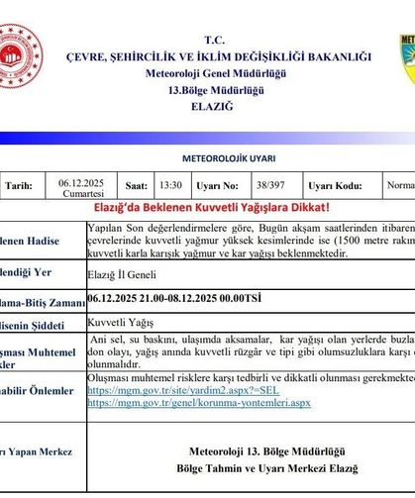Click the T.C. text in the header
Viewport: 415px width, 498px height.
tap(215, 40)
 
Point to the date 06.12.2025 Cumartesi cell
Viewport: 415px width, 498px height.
tap(81, 188)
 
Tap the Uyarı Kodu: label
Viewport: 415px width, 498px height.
tap(335, 184)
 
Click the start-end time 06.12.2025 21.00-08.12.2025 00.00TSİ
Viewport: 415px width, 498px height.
tap(174, 296)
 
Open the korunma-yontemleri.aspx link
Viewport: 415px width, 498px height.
tap(199, 403)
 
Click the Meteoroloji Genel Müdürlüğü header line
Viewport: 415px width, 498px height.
tap(215, 75)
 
